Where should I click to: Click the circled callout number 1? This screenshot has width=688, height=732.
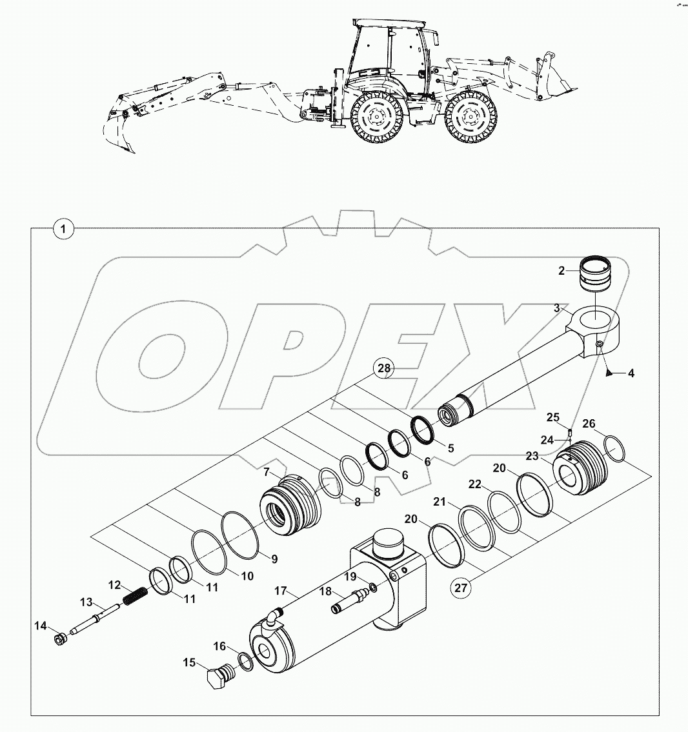tap(63, 228)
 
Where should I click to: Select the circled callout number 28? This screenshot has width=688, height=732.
tap(384, 369)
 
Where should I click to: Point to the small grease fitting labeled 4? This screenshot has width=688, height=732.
tap(608, 372)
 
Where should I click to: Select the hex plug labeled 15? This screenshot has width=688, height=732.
tap(216, 679)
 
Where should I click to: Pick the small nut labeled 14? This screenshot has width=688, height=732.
tap(60, 640)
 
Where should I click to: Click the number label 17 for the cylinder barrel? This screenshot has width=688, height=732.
tap(280, 590)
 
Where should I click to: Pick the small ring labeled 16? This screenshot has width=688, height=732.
tap(245, 661)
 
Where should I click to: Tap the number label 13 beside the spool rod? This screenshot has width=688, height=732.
tap(86, 602)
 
